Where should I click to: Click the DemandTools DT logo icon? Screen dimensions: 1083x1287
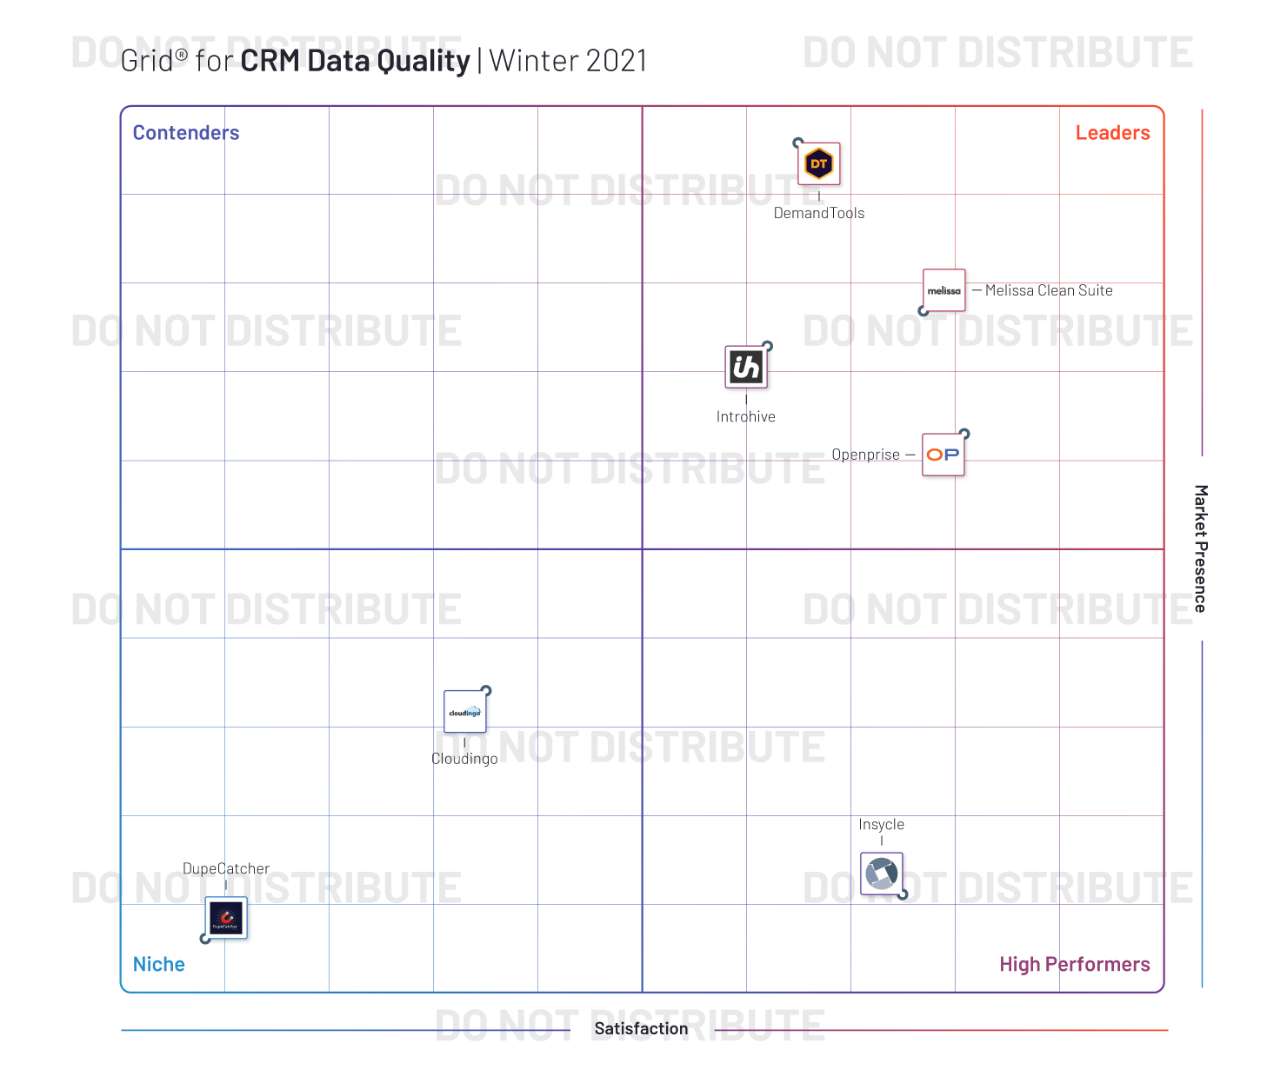point(819,163)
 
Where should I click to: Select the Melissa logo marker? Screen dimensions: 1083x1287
point(944,290)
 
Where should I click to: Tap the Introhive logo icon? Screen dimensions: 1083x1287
point(746,367)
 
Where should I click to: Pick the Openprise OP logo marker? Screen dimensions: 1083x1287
point(943,455)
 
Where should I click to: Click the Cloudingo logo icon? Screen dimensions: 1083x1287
point(464,712)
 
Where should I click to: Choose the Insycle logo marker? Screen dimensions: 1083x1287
point(881,874)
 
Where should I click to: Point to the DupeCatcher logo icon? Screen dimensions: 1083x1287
point(226,918)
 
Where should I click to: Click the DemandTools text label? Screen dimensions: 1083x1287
point(819,213)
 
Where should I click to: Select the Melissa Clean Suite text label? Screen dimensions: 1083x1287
point(1049,290)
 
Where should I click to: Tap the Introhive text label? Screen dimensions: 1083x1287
point(746,416)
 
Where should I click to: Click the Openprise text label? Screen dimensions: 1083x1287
point(865,455)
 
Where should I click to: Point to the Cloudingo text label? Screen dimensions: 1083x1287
point(464,759)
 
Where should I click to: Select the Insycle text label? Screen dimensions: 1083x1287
point(881,824)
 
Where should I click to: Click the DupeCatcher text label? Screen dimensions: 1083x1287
point(226,868)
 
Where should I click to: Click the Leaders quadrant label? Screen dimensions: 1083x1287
point(1112,133)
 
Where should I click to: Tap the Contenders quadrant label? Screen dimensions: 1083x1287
point(186,133)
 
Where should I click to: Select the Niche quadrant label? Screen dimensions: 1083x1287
point(159,964)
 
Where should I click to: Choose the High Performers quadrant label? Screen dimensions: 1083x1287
point(1074,964)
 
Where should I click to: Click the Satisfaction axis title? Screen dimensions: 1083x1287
point(641,1028)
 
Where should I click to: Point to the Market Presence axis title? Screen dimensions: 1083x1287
point(1200,548)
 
